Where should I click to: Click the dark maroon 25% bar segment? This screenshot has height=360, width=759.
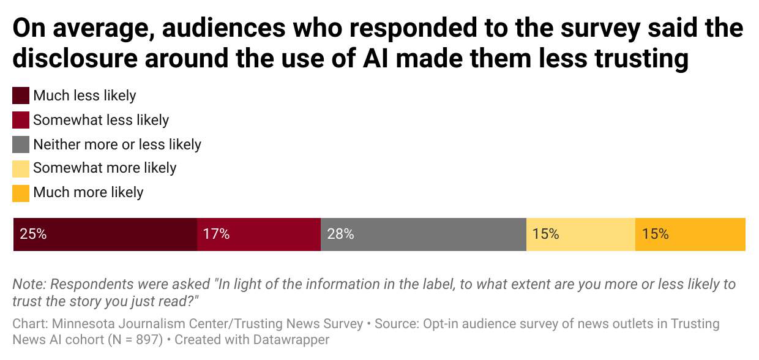click(105, 234)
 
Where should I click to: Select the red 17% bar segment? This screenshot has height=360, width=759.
click(259, 234)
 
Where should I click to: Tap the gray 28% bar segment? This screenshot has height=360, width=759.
click(424, 234)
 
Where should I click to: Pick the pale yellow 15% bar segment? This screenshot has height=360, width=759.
click(581, 234)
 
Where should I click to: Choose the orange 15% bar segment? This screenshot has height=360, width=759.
click(690, 234)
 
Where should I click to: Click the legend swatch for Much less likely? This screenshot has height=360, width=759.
click(21, 96)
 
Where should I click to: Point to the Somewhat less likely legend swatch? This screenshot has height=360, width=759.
click(21, 120)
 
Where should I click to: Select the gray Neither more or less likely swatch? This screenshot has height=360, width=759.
click(21, 144)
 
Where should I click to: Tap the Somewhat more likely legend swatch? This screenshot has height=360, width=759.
click(21, 168)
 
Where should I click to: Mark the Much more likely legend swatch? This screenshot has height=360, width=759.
click(21, 193)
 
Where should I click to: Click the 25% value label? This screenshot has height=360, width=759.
click(33, 234)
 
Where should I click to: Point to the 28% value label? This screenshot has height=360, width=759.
click(340, 234)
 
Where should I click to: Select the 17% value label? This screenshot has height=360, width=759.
click(217, 234)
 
